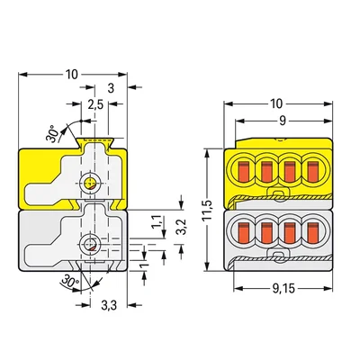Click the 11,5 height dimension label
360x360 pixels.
[x=207, y=210]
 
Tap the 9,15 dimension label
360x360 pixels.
[x=283, y=289]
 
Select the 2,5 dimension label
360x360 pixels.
[x=95, y=105]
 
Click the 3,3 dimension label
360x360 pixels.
[x=109, y=306]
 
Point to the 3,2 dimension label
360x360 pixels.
[x=182, y=227]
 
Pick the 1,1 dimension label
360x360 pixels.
[x=158, y=222]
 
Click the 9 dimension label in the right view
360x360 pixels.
[x=282, y=121]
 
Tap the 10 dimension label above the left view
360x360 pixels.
[x=72, y=75]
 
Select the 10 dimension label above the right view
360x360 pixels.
[x=276, y=103]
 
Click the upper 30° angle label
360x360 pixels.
[x=52, y=133]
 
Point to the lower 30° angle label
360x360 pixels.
[x=70, y=282]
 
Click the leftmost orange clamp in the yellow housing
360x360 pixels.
[x=244, y=172]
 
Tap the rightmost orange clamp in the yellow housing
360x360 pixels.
[x=312, y=172]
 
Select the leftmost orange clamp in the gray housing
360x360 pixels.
[x=244, y=232]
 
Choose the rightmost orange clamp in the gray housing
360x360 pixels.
[x=312, y=232]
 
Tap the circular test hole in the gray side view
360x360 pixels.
[x=90, y=244]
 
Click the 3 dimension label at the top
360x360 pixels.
[x=111, y=88]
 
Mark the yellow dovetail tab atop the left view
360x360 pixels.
[x=94, y=142]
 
